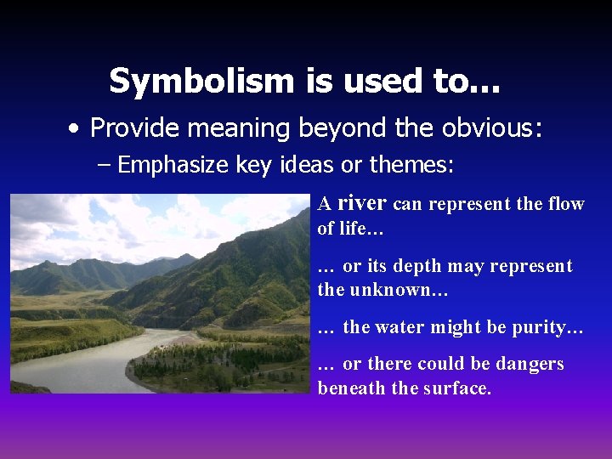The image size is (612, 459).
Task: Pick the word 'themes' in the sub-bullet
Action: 417,164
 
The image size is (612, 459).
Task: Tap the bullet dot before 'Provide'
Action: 76,129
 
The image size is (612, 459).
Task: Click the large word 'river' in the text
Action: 362,202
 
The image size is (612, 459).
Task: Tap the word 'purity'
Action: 541,327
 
